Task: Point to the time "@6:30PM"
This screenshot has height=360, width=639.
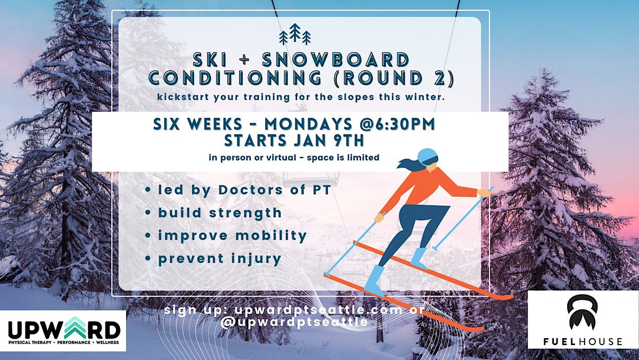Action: pyautogui.click(x=395, y=124)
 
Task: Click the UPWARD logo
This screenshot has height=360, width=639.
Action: pyautogui.click(x=63, y=331)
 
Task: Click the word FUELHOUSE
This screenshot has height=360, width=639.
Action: pyautogui.click(x=582, y=341)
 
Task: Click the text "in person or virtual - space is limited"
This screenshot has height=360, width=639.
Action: pyautogui.click(x=294, y=158)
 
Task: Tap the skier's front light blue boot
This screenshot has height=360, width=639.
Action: pyautogui.click(x=375, y=280)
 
